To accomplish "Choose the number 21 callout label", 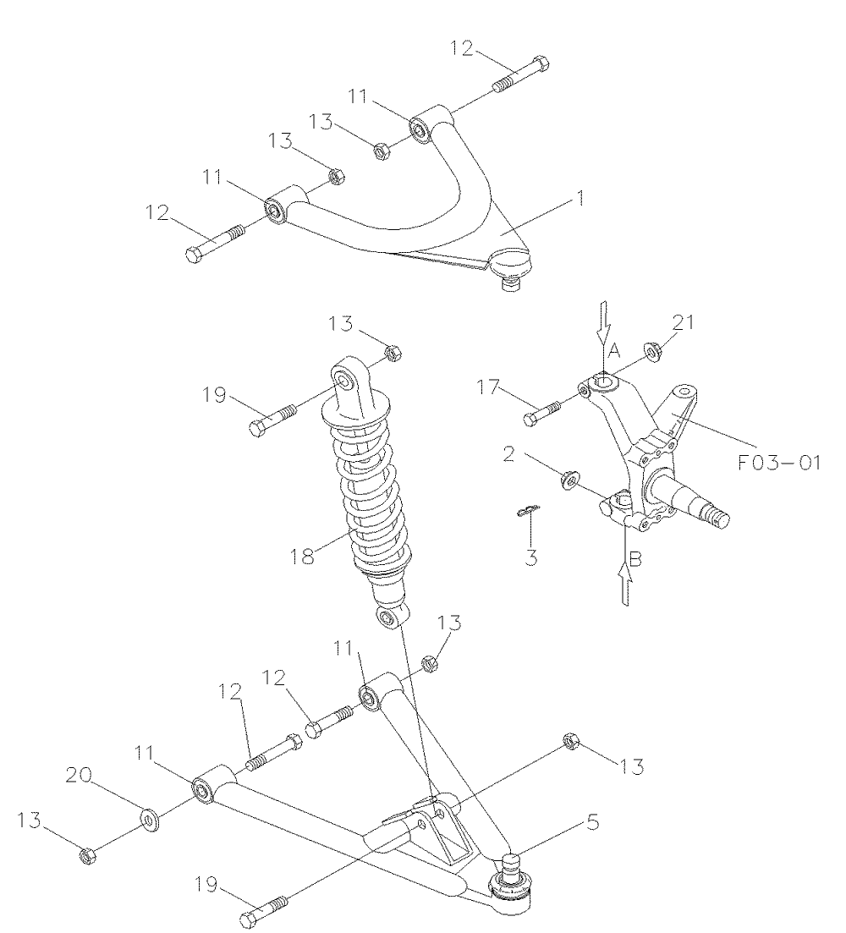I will coord(682,321).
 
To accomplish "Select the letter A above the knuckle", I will coord(615,349).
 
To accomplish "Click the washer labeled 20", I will coord(150,819).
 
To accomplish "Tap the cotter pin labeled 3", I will coord(526,510).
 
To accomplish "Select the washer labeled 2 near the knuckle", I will coord(569,481).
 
